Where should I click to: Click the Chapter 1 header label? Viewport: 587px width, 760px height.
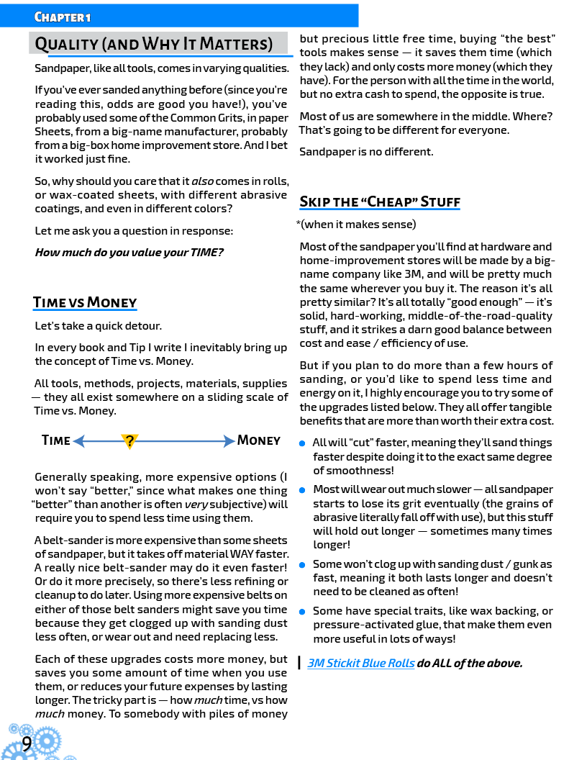click(x=63, y=17)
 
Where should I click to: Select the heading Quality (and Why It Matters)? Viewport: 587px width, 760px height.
click(x=154, y=44)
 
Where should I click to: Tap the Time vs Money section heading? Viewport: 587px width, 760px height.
click(x=85, y=302)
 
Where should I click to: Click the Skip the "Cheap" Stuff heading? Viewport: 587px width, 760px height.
click(x=380, y=201)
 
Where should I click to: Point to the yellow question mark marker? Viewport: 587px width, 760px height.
click(x=129, y=441)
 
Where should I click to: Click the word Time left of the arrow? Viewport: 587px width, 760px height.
click(x=56, y=440)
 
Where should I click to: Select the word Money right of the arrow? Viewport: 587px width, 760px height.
click(x=259, y=440)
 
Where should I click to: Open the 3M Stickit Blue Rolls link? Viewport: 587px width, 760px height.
click(x=360, y=663)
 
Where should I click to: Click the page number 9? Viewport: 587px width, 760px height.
click(x=27, y=743)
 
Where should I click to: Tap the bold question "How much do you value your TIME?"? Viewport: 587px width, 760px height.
click(x=129, y=253)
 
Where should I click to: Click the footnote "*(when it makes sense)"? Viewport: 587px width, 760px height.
click(x=356, y=225)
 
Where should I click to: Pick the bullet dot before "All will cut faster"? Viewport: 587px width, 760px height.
click(x=303, y=443)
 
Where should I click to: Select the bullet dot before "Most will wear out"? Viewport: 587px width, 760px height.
click(x=303, y=490)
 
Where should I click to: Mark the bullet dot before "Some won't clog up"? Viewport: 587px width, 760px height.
click(x=303, y=565)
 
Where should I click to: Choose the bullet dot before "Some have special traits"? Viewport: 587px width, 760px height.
click(x=303, y=612)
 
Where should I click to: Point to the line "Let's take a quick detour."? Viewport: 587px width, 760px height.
click(x=98, y=326)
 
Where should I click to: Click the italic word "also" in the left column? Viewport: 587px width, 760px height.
click(x=202, y=181)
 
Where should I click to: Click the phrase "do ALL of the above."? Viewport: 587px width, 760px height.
click(x=469, y=663)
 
